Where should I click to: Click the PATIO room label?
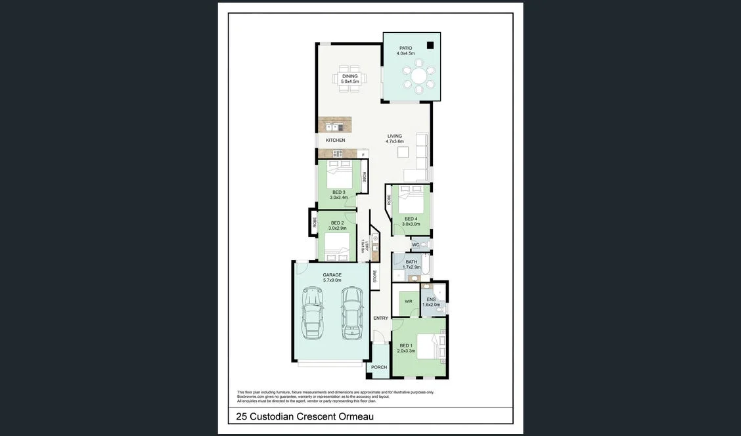click(x=406, y=48)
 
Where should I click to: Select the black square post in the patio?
click(x=430, y=45)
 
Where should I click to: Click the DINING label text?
click(x=349, y=76)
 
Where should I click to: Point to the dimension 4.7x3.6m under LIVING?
click(x=394, y=142)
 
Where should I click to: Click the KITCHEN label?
click(x=335, y=141)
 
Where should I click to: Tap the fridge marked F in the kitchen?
click(x=363, y=154)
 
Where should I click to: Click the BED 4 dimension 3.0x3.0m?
click(x=411, y=224)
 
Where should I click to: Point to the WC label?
click(x=415, y=245)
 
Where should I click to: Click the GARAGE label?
click(x=332, y=275)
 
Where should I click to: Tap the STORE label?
click(x=375, y=276)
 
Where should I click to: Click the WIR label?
click(x=408, y=301)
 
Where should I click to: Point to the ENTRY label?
click(x=381, y=318)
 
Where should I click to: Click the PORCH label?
click(x=379, y=367)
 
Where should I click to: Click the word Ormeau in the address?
click(x=357, y=416)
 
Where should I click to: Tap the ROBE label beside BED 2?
click(x=315, y=222)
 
